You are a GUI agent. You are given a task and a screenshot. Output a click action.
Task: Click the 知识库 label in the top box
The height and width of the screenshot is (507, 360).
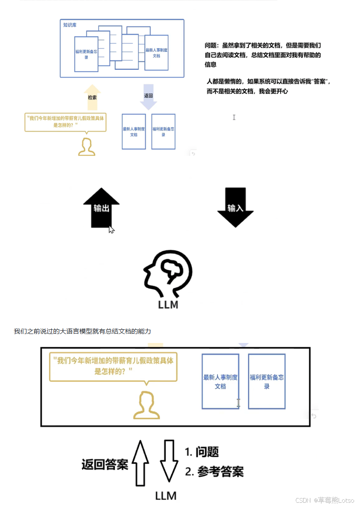pyautogui.click(x=69, y=25)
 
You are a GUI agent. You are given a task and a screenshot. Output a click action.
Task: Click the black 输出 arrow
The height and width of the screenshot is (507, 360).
pyautogui.click(x=101, y=208)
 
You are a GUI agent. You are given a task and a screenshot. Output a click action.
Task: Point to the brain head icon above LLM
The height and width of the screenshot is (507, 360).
pyautogui.click(x=168, y=274)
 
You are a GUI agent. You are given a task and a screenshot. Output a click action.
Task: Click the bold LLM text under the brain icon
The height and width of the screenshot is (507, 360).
pyautogui.click(x=167, y=305)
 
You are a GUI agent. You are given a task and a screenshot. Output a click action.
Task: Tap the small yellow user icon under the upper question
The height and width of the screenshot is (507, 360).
pyautogui.click(x=86, y=146)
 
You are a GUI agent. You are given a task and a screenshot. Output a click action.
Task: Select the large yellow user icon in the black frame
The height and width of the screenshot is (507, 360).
pyautogui.click(x=146, y=405)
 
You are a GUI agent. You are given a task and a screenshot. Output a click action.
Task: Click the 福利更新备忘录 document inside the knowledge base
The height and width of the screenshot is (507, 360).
pyautogui.click(x=86, y=54)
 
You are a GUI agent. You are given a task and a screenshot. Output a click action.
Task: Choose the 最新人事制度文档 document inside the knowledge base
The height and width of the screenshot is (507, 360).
pyautogui.click(x=156, y=53)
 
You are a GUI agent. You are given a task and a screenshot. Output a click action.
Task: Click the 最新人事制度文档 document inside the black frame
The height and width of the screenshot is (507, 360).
pyautogui.click(x=220, y=382)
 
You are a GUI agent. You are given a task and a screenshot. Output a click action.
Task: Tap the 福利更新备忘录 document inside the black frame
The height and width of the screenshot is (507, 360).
pyautogui.click(x=267, y=382)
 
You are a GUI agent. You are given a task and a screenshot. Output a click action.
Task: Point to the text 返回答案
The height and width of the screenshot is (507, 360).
pyautogui.click(x=105, y=465)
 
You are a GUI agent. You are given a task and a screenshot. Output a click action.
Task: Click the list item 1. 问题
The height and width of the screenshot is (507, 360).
pyautogui.click(x=202, y=452)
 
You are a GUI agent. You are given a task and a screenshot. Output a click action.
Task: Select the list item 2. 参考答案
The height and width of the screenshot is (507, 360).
pyautogui.click(x=214, y=472)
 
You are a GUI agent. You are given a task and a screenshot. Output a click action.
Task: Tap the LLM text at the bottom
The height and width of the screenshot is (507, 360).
pyautogui.click(x=166, y=496)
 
